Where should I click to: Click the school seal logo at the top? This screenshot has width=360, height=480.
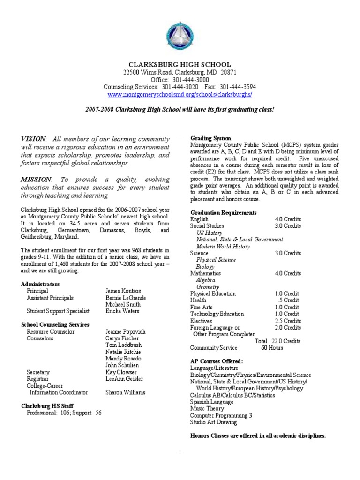tap(180, 36)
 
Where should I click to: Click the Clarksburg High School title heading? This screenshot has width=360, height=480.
tap(180, 64)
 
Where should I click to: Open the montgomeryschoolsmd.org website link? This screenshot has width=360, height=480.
tap(180, 94)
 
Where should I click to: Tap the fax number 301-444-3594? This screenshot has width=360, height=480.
tap(238, 87)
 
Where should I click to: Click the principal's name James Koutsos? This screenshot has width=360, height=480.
tap(123, 291)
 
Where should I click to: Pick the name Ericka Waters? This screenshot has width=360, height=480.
tap(122, 311)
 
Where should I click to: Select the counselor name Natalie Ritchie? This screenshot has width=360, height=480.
tap(123, 352)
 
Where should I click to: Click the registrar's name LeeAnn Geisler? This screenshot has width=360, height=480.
tap(125, 379)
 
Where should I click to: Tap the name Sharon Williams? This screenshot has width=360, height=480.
tap(126, 392)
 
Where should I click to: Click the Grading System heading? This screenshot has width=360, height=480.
tap(210, 138)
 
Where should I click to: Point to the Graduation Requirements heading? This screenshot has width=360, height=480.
tap(223, 212)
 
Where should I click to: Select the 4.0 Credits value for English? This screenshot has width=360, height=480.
tap(288, 219)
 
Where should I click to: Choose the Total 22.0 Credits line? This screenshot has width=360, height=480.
tap(277, 341)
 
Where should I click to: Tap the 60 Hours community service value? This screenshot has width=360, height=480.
tap(272, 348)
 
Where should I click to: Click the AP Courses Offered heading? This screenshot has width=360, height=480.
tap(217, 361)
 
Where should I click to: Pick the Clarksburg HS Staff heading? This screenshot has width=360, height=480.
tap(47, 406)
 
